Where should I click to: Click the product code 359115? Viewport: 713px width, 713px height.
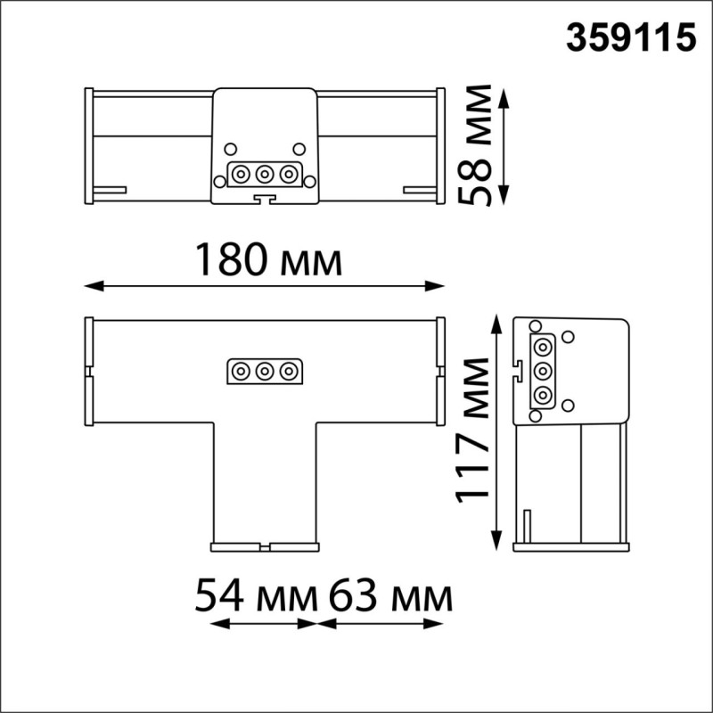631,38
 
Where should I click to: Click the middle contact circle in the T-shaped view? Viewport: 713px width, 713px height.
264,370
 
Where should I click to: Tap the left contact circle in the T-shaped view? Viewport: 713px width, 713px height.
241,370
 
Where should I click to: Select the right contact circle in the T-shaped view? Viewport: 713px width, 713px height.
287,370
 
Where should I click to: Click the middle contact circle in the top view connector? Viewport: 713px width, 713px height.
264,173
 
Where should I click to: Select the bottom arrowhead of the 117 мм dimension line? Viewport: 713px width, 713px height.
496,543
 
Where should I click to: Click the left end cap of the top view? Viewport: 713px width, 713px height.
88,145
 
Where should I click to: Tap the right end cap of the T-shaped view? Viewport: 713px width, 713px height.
440,370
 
